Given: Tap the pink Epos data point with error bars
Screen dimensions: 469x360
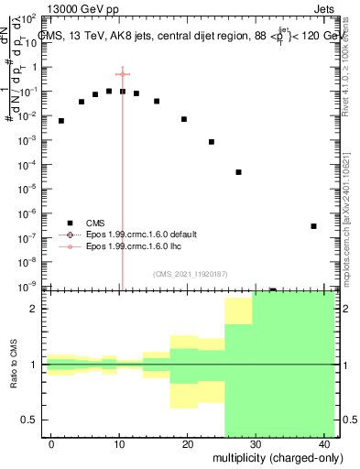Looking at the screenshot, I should [122, 74].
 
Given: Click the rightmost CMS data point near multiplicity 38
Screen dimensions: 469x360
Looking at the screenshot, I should [313, 226].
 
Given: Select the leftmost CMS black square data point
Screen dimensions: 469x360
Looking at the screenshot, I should [61, 121].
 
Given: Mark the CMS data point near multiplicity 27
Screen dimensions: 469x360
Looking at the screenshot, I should [238, 172].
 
